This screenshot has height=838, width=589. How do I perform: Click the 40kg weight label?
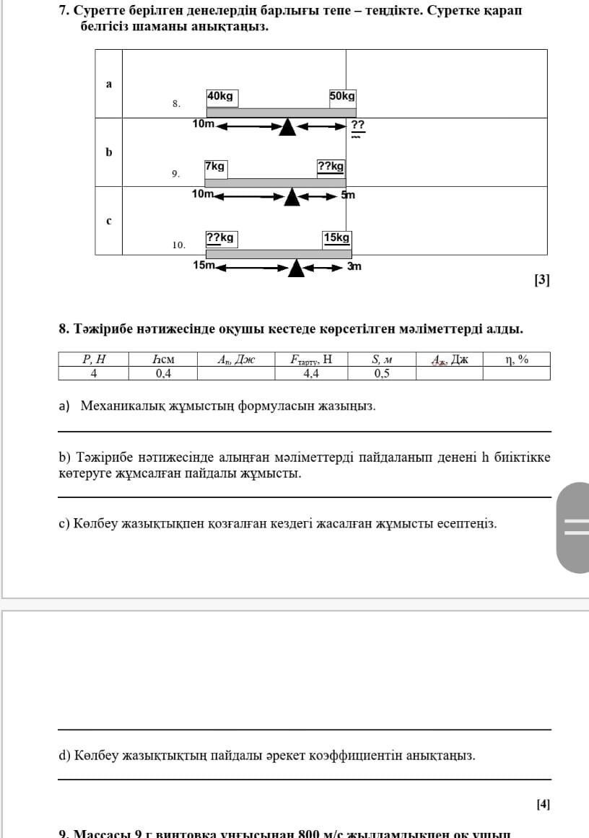tap(222, 97)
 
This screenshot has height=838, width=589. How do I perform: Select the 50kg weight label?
tap(342, 97)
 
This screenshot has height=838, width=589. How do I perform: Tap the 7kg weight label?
tap(215, 167)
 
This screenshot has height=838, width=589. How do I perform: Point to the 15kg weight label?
tap(336, 237)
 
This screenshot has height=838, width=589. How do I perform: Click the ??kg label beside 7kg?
tap(331, 167)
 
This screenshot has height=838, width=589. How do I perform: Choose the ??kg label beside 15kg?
tap(220, 237)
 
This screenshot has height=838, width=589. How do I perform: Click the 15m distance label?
tap(204, 265)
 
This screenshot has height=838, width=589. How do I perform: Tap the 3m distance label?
tap(354, 266)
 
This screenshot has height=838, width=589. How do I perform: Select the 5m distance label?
tap(348, 195)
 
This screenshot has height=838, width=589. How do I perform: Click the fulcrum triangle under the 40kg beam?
tap(287, 127)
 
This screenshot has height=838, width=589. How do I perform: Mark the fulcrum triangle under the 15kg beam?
tap(297, 269)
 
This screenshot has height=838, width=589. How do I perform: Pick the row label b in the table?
tap(109, 152)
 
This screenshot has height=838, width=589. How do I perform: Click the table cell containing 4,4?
tap(311, 373)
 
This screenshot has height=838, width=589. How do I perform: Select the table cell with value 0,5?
tap(382, 373)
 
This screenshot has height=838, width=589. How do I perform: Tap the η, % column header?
tap(517, 359)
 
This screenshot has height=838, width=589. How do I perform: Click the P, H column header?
tap(94, 359)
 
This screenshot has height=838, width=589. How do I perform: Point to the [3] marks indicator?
tap(542, 280)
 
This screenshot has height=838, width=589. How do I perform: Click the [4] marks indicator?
tap(544, 803)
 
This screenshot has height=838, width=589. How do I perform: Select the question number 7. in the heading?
tap(64, 12)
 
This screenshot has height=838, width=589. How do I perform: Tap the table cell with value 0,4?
tap(164, 373)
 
